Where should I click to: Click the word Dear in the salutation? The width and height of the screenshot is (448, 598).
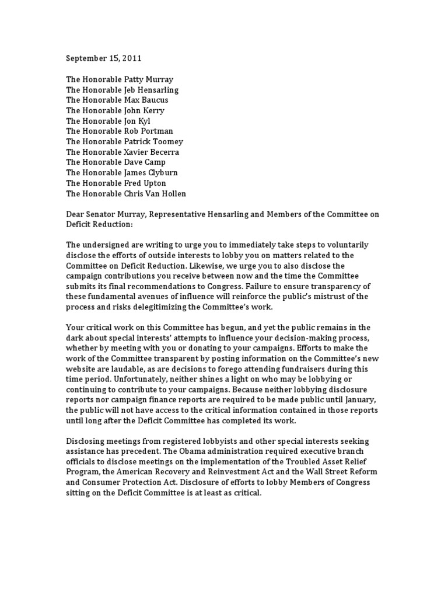(76, 215)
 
